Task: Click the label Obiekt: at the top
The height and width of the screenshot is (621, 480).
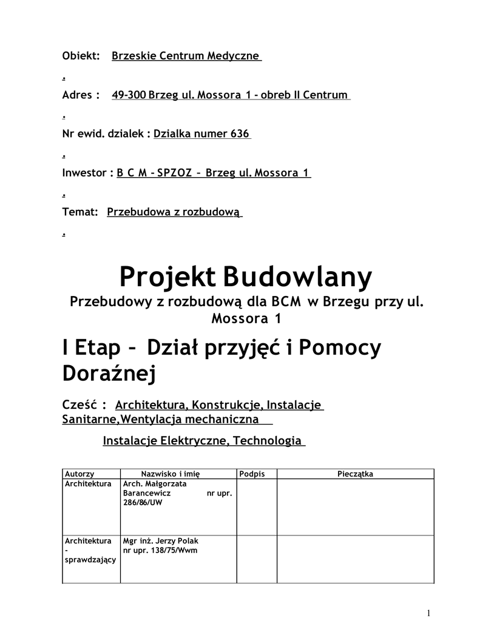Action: click(x=81, y=56)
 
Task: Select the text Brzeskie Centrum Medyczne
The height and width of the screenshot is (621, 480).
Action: click(x=186, y=56)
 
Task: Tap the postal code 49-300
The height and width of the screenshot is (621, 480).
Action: click(x=129, y=95)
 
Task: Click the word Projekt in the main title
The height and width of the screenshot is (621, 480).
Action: click(x=168, y=278)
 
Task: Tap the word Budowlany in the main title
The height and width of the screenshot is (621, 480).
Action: click(x=297, y=278)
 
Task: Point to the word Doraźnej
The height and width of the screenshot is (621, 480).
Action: click(x=109, y=374)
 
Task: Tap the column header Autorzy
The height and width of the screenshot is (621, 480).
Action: click(x=79, y=474)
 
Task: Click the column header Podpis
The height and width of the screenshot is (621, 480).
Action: click(x=252, y=474)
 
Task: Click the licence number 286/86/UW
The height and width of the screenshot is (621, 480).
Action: click(x=143, y=503)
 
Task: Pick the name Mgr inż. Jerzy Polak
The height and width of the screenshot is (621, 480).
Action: click(x=161, y=541)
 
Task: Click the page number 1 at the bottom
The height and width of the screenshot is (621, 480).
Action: click(x=429, y=613)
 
